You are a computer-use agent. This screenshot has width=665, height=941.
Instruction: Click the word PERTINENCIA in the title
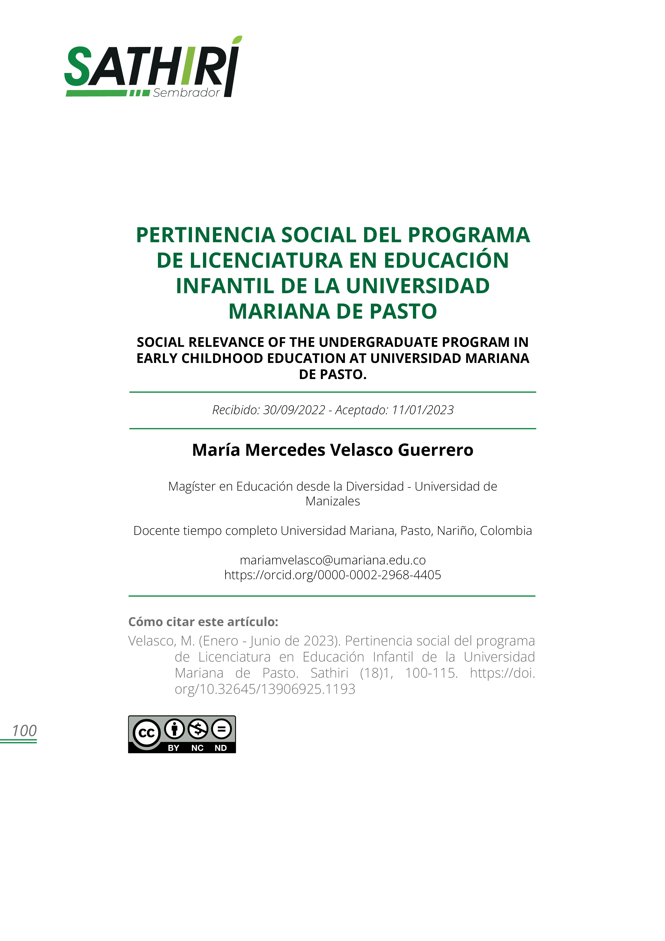coord(206,235)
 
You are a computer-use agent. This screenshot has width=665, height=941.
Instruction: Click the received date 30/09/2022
coord(294,410)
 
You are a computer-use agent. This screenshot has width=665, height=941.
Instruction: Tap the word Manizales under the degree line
coord(333,501)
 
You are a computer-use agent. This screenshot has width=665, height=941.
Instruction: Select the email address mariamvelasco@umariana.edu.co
coord(333,560)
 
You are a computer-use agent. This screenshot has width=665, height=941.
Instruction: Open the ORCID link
coord(333,575)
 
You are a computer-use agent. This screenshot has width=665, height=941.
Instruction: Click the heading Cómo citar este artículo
coord(203,622)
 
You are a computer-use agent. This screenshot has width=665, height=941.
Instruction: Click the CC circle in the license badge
coord(146,733)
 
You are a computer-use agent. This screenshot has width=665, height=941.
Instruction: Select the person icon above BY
coord(175,729)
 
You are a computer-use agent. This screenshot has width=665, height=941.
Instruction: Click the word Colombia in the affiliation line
coord(506,531)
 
